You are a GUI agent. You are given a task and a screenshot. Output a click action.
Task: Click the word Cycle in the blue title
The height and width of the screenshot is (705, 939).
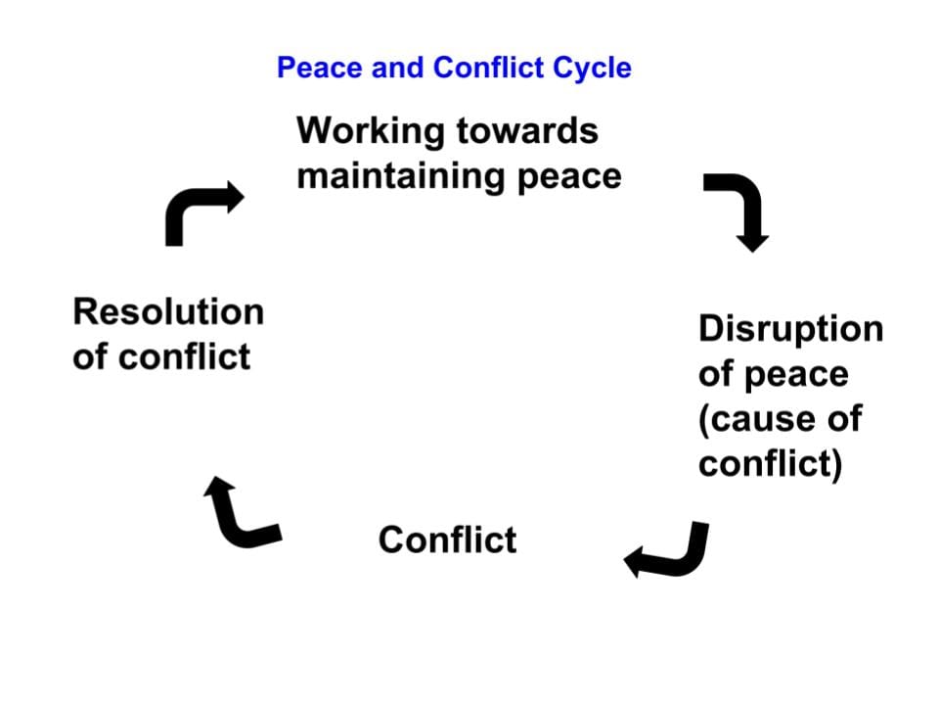592,69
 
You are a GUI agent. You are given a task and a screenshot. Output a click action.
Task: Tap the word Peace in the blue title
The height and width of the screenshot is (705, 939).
320,68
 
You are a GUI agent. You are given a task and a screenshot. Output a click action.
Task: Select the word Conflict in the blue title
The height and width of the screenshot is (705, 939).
489,68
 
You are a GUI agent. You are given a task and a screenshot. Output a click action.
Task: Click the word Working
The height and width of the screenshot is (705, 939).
371,131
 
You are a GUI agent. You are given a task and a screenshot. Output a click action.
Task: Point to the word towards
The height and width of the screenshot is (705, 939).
527,130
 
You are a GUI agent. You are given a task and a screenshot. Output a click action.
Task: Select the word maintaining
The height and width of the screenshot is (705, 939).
401,177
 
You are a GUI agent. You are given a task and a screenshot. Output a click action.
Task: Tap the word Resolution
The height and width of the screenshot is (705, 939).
168,311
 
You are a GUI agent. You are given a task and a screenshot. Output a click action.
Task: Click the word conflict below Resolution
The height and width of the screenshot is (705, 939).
185,357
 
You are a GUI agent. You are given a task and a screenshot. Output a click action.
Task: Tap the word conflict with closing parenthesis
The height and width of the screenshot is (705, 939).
770,464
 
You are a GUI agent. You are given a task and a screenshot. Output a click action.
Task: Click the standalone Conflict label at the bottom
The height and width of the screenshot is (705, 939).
447,540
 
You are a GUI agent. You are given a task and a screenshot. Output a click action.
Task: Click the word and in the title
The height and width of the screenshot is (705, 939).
398,68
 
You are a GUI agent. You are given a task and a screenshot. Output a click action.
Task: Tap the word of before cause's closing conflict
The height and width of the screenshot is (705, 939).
844,418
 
